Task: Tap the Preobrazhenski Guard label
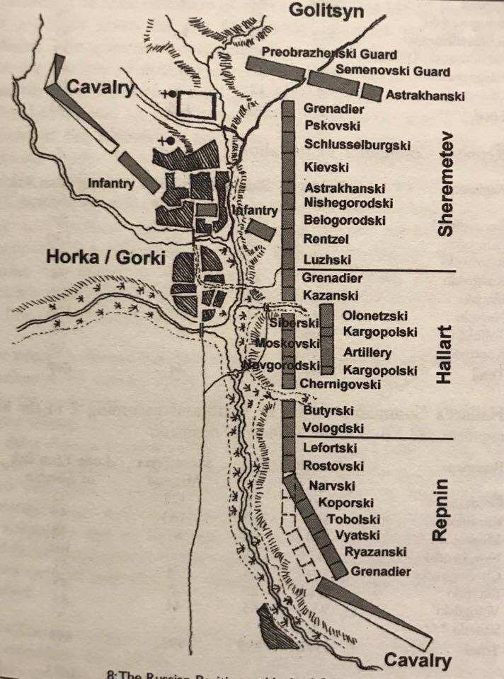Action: [x=329, y=54]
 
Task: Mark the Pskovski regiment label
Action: [x=332, y=126]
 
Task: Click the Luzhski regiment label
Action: [x=327, y=259]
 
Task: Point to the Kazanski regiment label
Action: [x=331, y=295]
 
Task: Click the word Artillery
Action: [x=367, y=352]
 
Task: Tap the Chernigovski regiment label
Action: [x=340, y=384]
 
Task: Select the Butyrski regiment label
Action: [x=328, y=410]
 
